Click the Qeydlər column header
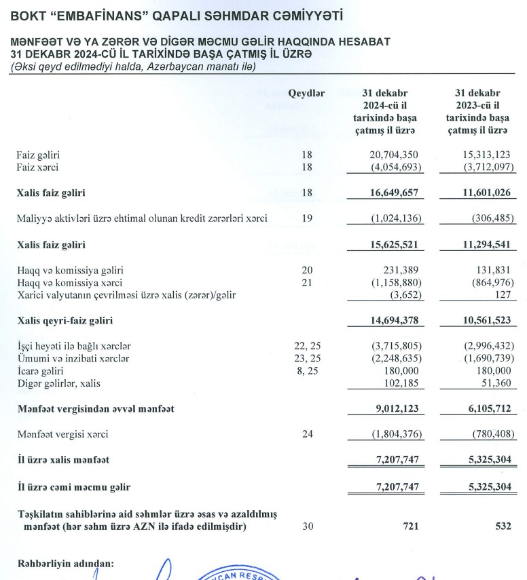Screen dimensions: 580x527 pyautogui.click(x=306, y=94)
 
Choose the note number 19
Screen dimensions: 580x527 pyautogui.click(x=307, y=218)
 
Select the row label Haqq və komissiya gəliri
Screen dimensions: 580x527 pyautogui.click(x=70, y=270)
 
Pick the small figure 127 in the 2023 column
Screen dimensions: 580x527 pyautogui.click(x=502, y=294)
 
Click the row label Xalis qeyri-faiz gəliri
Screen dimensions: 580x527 pyautogui.click(x=65, y=320)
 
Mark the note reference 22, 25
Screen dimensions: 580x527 pyautogui.click(x=306, y=346)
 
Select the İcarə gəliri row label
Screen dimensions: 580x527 pyautogui.click(x=40, y=371)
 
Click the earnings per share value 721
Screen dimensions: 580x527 pyautogui.click(x=412, y=526)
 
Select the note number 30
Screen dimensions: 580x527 pyautogui.click(x=307, y=526)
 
